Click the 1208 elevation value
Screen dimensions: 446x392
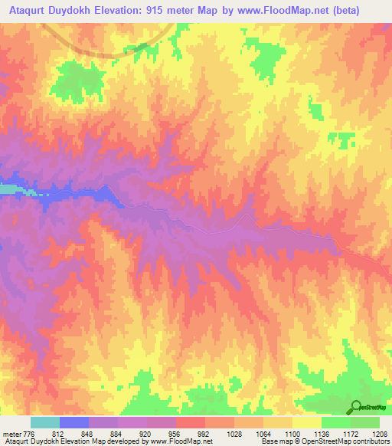coord(380,433)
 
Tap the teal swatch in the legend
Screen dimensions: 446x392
coord(45,422)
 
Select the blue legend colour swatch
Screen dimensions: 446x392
coord(74,422)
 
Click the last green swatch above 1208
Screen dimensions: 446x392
coord(365,422)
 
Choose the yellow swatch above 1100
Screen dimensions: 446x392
coord(307,422)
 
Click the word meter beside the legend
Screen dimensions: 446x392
coord(11,433)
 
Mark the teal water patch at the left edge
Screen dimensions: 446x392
coord(8,189)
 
